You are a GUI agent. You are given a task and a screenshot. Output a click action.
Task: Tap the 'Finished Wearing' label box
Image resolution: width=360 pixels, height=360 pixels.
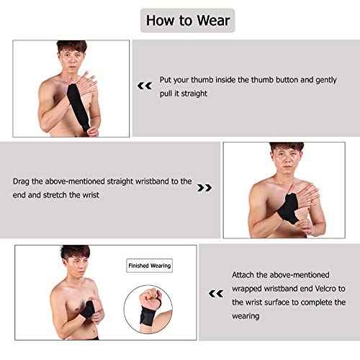(x=149, y=266)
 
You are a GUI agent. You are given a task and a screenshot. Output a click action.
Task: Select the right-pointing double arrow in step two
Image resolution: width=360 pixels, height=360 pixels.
(x=204, y=188)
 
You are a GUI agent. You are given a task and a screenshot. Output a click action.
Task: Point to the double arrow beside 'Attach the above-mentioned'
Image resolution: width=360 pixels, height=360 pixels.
(x=214, y=293)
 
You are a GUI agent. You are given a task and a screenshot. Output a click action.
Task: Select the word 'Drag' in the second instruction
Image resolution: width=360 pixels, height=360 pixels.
(x=22, y=181)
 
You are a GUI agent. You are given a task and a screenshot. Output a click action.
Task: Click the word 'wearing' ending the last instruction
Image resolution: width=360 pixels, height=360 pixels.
(x=247, y=317)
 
